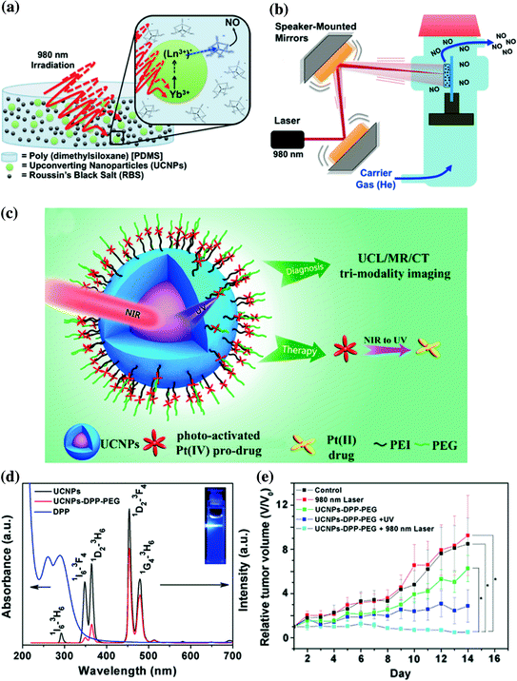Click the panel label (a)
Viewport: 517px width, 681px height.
(15, 10)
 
